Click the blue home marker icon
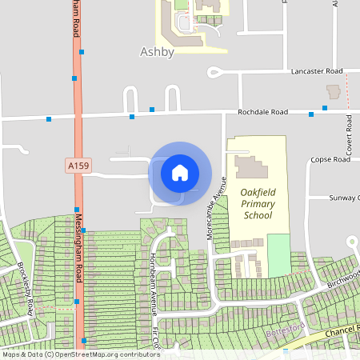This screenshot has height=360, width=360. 180,173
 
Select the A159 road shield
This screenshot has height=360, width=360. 78,166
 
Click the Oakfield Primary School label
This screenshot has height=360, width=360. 257,204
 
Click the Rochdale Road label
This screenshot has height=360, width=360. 263,112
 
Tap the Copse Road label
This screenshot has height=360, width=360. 330,159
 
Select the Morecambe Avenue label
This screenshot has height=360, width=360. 212,217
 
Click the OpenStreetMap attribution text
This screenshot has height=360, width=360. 80,354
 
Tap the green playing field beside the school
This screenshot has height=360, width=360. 278,255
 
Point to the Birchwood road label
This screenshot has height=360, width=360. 344,276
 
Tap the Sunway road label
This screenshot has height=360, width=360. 345,197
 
